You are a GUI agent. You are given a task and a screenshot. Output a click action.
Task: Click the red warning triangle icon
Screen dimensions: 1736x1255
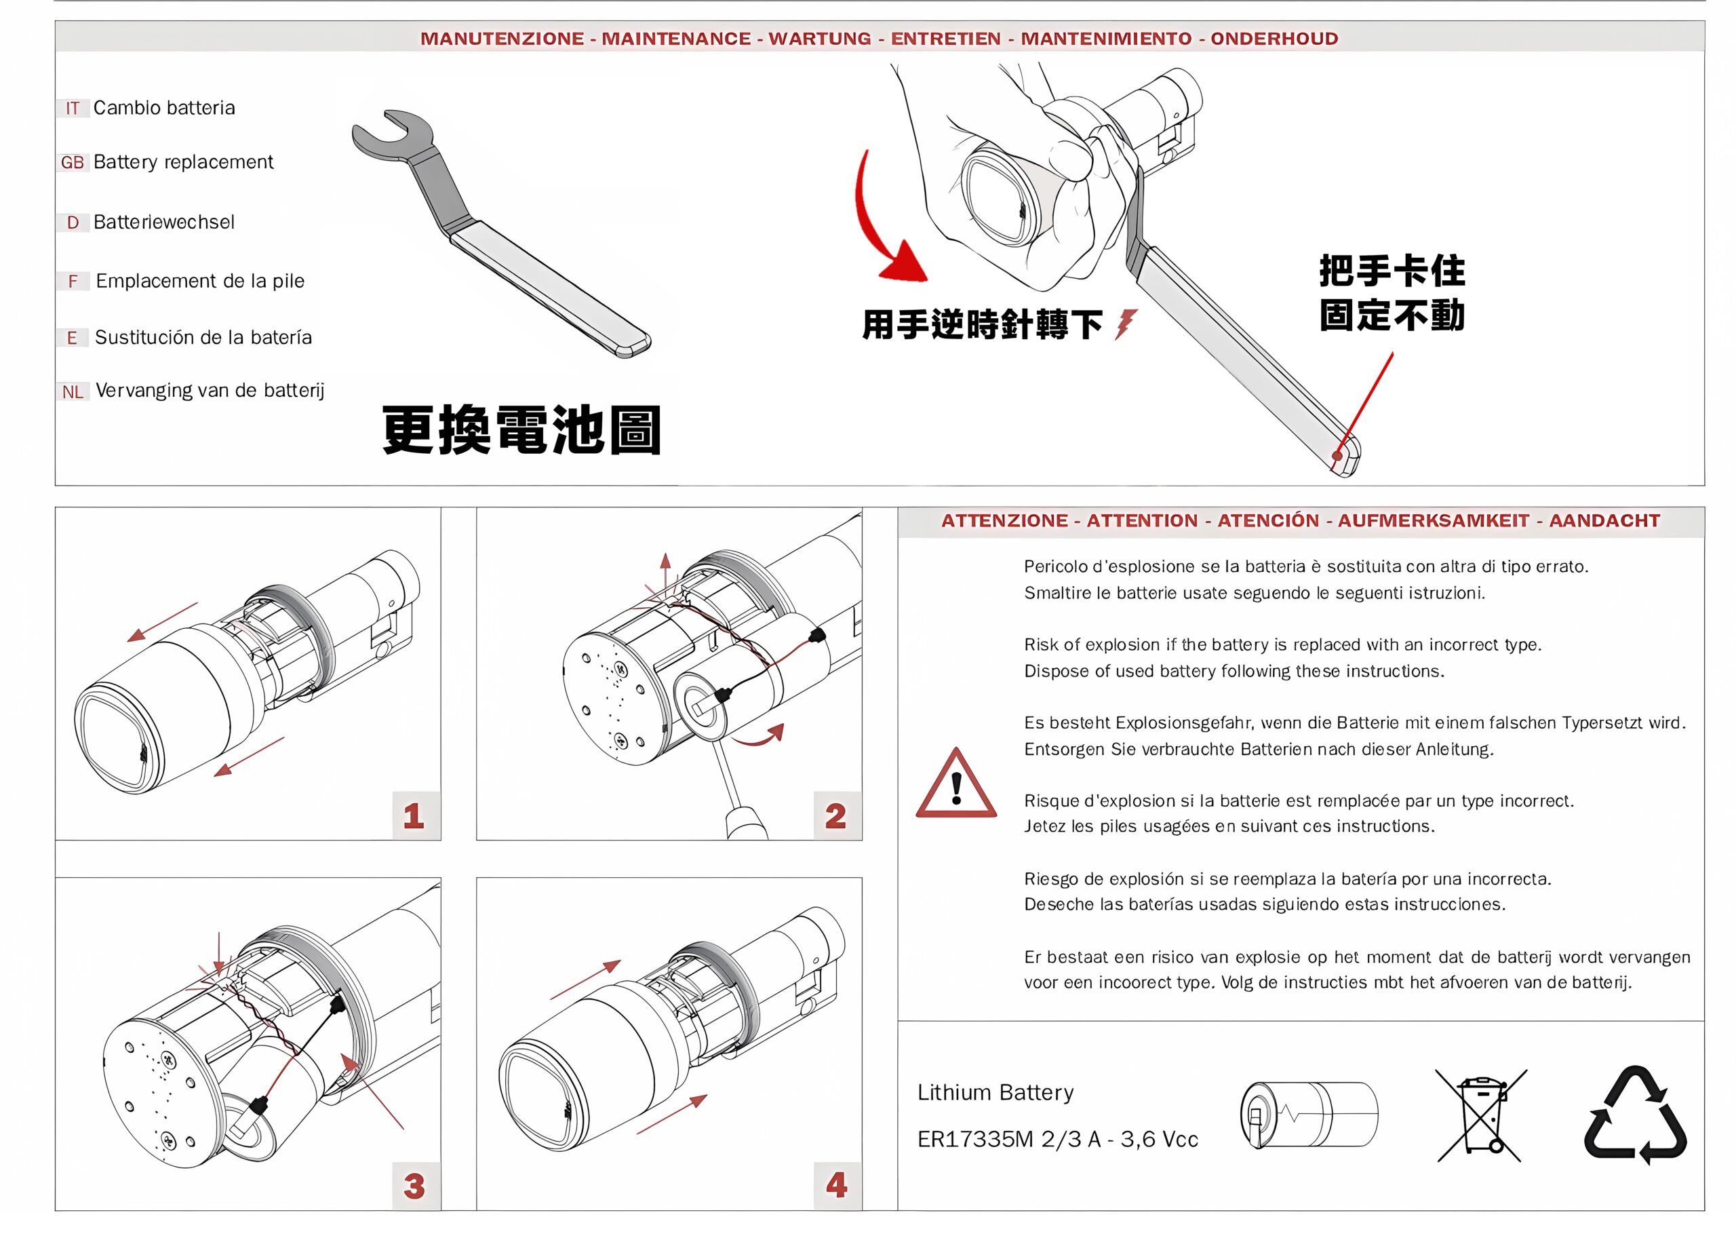(956, 784)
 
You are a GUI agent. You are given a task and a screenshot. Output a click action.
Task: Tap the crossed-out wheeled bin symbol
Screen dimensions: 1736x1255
(1481, 1115)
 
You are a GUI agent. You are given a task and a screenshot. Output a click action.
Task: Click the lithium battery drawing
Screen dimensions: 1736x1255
(1309, 1114)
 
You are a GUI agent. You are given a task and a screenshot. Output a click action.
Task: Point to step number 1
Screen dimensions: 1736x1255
(414, 815)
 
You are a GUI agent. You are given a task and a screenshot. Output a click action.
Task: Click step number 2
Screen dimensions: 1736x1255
(836, 815)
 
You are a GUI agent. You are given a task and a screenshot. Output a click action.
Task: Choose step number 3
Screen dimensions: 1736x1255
(414, 1186)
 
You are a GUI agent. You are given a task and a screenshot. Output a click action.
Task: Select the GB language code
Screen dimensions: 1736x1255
(72, 162)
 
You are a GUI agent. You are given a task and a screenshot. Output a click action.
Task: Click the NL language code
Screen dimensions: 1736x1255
(73, 392)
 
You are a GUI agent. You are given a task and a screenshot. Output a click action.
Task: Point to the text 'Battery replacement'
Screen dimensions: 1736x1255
(183, 162)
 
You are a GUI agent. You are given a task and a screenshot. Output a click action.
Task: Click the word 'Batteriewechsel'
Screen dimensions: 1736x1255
(164, 222)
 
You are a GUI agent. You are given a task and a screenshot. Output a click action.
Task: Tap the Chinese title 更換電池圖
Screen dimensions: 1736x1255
(521, 429)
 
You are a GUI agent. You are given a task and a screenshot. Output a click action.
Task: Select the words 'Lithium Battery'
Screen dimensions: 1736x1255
(995, 1093)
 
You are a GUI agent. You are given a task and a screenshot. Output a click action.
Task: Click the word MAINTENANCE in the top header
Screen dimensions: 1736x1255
(676, 38)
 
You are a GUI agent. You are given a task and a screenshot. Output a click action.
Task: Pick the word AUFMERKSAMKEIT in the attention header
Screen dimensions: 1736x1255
(1434, 521)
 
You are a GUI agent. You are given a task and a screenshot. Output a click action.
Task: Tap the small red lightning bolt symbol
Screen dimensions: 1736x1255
(1125, 324)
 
